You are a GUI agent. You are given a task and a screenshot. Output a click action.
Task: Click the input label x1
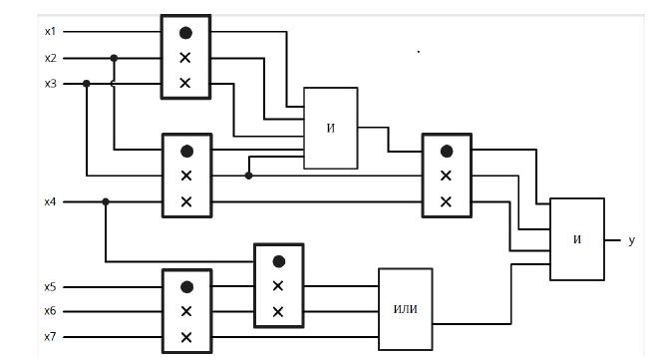click(x=50, y=31)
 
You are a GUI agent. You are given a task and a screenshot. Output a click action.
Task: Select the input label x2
click(x=50, y=58)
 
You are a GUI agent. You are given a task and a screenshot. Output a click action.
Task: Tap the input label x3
click(x=50, y=84)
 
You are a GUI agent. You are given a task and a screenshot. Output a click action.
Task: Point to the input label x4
click(x=50, y=201)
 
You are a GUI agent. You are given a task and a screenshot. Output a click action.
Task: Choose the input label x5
click(x=50, y=287)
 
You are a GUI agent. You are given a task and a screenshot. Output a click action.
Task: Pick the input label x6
click(x=50, y=311)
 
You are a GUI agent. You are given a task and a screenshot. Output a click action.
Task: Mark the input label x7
click(x=50, y=337)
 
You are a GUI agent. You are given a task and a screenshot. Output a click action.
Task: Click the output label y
click(x=631, y=240)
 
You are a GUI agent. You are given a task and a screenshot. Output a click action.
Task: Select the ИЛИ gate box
click(x=406, y=309)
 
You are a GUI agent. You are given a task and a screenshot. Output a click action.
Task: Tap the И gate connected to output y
click(x=577, y=239)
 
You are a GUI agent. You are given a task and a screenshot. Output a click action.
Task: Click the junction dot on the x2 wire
click(x=114, y=58)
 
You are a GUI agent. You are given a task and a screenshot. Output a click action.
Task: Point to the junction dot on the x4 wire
click(x=106, y=201)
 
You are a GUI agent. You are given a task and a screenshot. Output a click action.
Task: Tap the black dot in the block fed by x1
click(x=185, y=33)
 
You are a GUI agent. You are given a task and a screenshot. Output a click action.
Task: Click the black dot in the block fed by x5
click(x=186, y=287)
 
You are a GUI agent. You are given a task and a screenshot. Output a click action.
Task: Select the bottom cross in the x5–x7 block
click(x=186, y=337)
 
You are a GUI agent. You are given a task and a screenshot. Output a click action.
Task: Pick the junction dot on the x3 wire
click(x=87, y=84)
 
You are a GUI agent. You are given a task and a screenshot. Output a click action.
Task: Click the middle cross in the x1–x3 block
click(x=185, y=58)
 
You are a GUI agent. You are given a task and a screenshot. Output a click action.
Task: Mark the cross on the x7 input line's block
click(x=186, y=337)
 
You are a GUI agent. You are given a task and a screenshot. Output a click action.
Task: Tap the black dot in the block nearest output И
click(x=447, y=152)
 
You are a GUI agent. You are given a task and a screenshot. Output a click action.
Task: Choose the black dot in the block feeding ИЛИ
click(x=278, y=261)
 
